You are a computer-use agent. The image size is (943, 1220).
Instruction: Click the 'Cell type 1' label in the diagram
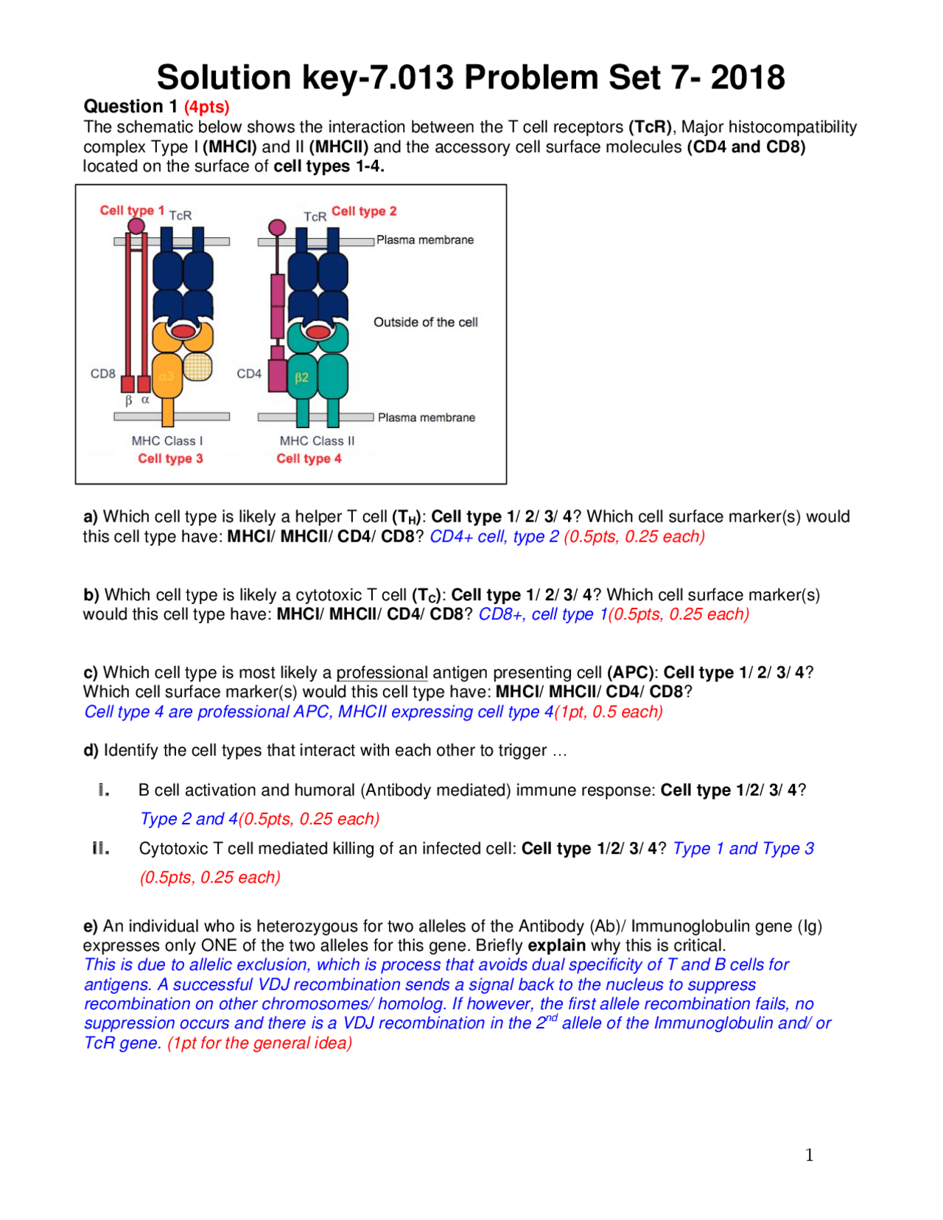point(132,211)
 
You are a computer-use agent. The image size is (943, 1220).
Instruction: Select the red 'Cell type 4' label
point(309,458)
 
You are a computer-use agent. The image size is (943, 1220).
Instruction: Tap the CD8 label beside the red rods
point(103,374)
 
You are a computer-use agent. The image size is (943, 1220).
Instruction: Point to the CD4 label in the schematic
point(249,374)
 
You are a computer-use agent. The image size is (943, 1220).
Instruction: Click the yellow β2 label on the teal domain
point(301,377)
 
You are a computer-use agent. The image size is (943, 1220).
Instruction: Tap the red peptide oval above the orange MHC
point(182,332)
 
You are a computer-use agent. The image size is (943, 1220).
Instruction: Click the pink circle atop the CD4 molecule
point(277,227)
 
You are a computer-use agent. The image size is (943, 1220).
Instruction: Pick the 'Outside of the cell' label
point(425,322)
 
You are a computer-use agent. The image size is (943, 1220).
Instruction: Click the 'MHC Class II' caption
point(317,441)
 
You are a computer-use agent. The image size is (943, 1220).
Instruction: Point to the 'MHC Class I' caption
point(167,441)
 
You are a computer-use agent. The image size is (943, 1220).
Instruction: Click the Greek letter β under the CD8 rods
point(129,400)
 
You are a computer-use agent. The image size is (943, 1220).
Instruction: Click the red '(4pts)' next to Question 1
point(206,107)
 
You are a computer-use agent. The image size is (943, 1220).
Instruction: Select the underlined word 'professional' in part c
point(382,673)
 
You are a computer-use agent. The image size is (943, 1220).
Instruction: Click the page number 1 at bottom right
point(809,1155)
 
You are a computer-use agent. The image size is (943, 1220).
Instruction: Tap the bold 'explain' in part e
point(556,945)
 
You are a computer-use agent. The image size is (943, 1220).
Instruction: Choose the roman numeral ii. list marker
point(101,849)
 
